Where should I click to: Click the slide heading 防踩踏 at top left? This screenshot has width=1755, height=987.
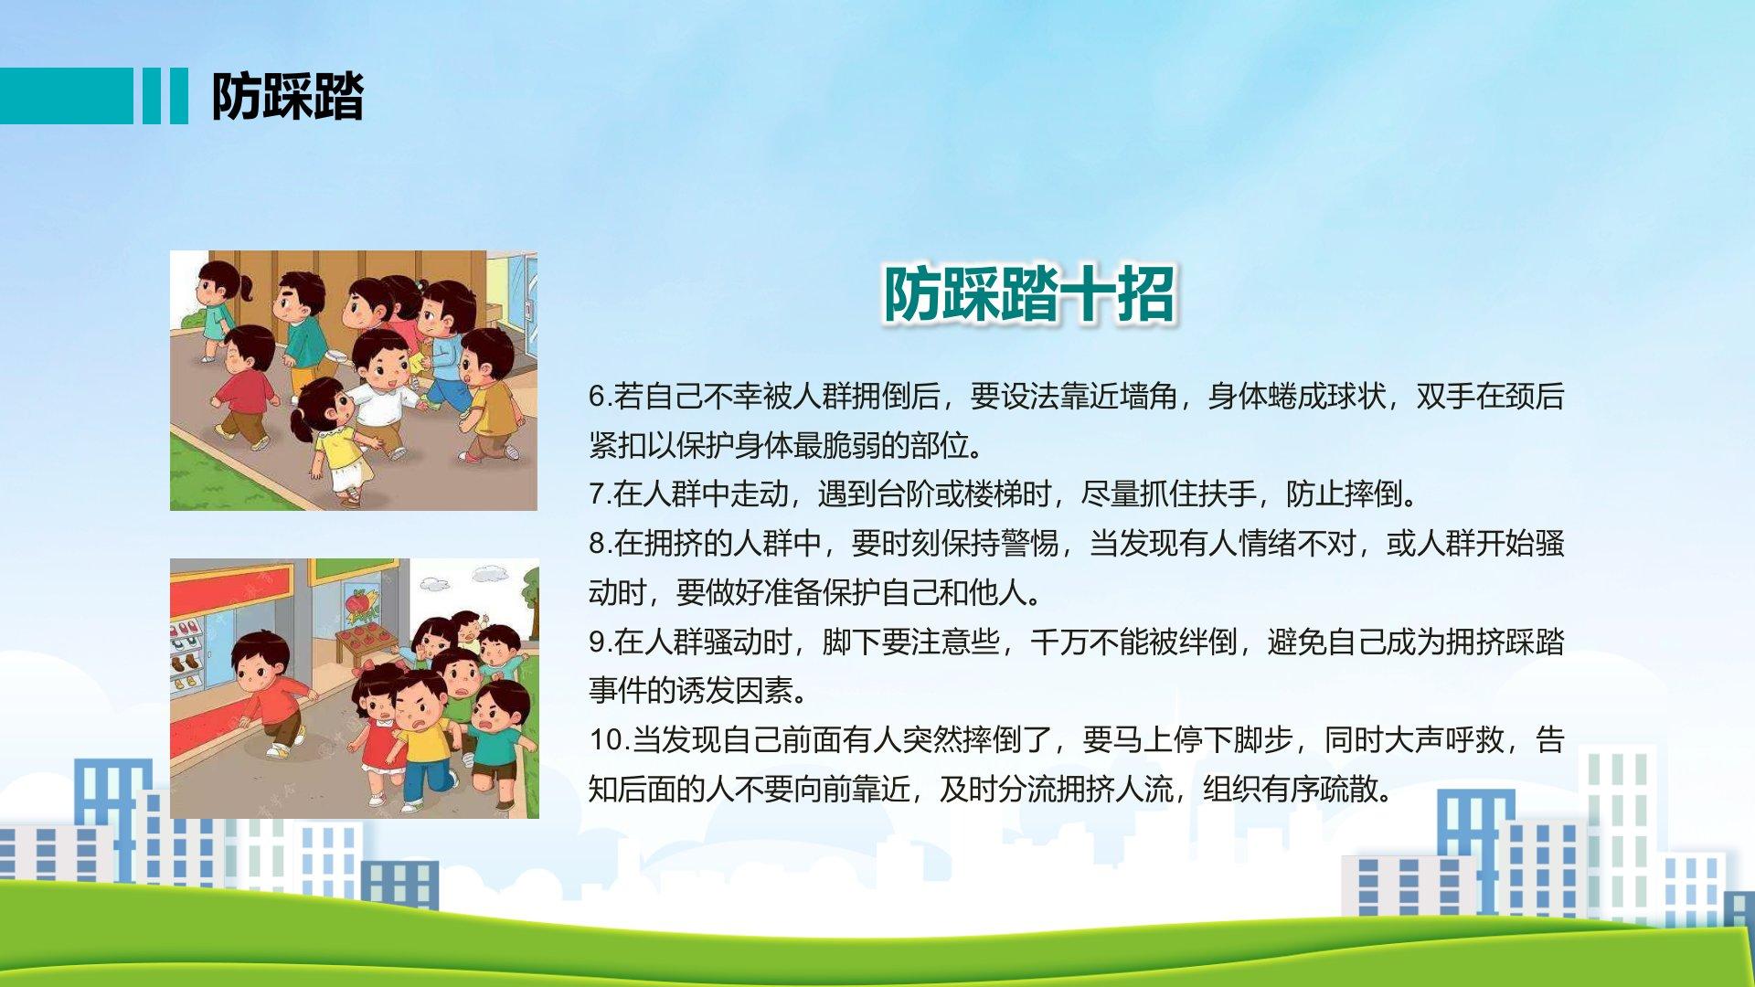287,96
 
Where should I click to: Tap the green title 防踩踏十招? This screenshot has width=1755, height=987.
1028,294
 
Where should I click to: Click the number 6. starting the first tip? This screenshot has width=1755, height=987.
600,397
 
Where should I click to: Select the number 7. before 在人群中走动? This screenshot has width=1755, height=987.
600,494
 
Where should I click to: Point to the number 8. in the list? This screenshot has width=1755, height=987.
600,544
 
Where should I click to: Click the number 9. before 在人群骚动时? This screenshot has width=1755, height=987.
600,642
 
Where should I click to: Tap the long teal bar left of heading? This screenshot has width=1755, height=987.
66,96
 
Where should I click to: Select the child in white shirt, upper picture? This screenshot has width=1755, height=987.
382,393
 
